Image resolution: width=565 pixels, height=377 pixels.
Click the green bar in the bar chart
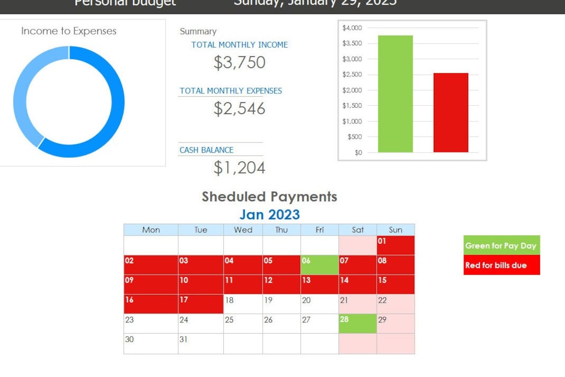(395, 94)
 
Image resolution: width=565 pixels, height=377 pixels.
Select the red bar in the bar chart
(450, 113)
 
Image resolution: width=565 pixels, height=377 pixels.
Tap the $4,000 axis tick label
(352, 28)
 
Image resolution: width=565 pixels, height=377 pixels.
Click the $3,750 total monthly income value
(240, 62)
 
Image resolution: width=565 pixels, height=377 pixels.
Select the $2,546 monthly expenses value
(240, 108)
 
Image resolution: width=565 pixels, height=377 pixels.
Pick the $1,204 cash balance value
(240, 168)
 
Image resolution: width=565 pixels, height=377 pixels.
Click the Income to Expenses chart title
(69, 31)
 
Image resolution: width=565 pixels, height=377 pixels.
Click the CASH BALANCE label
(206, 150)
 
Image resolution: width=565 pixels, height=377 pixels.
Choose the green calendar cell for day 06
(320, 265)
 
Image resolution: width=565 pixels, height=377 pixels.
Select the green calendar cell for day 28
(358, 324)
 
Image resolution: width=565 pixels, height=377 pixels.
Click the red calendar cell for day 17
(200, 304)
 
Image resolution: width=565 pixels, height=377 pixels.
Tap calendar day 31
(200, 343)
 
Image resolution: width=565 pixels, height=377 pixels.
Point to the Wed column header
(243, 230)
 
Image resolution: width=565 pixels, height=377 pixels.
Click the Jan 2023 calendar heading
(269, 215)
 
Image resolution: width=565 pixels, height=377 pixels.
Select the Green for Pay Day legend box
(501, 246)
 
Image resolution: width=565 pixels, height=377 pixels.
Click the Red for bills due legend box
(501, 265)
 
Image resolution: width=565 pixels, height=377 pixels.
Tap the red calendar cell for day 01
(395, 245)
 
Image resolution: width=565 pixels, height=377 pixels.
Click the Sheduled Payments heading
(269, 197)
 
